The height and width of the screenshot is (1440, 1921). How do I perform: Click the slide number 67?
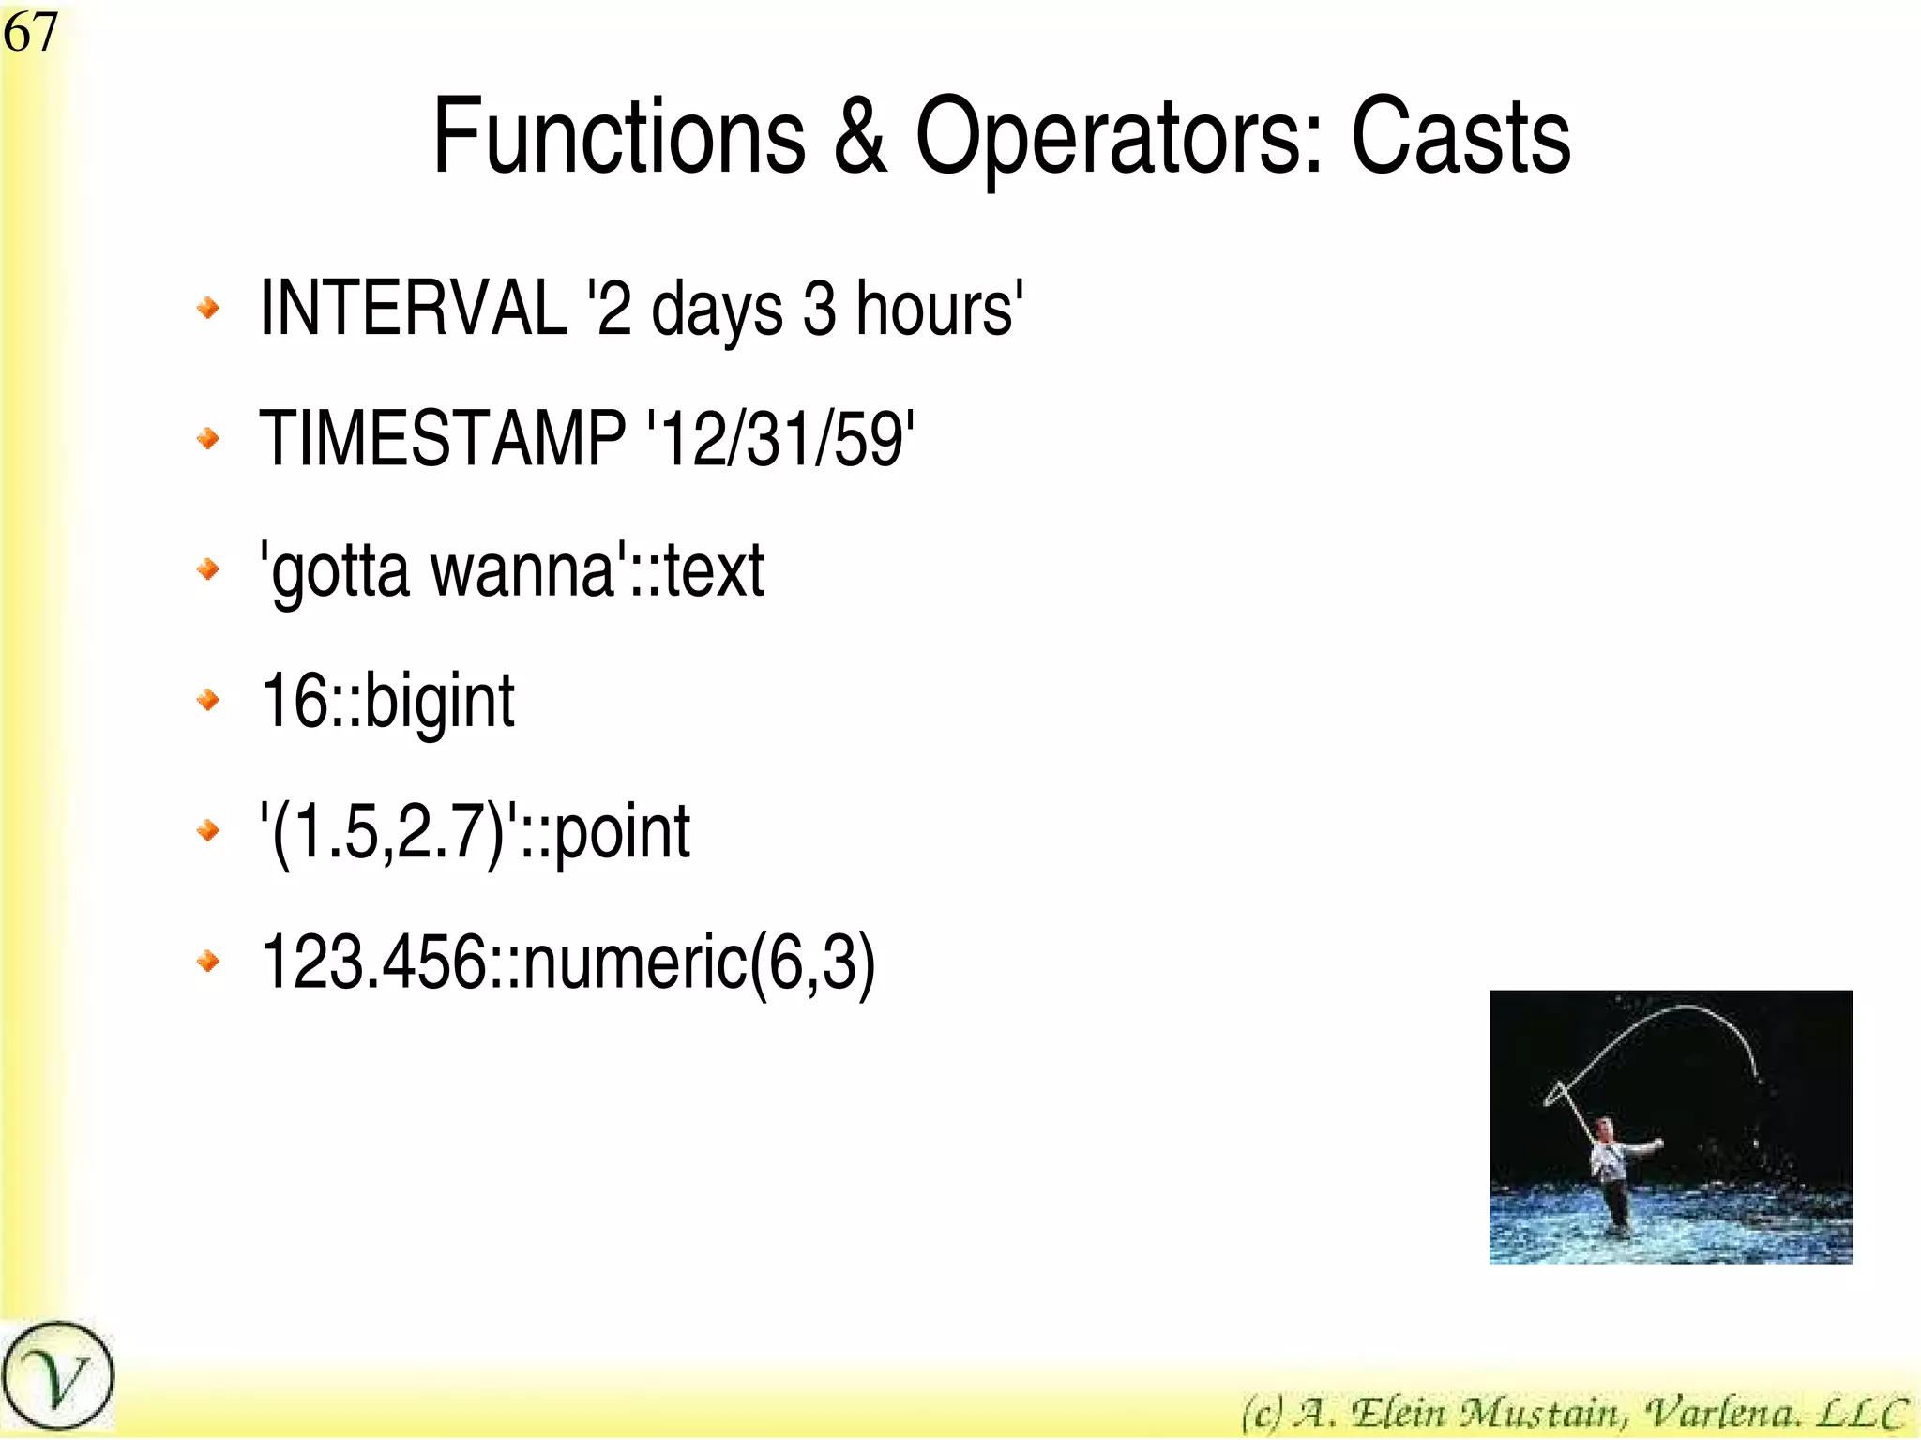coord(30,33)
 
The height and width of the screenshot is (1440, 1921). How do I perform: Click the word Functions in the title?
coord(619,138)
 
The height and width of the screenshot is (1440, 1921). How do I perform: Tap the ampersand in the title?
coord(859,138)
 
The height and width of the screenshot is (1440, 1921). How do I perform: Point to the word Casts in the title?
coord(1460,138)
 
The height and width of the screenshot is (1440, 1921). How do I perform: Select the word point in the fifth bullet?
coord(623,831)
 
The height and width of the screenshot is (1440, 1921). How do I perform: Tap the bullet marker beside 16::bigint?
coord(208,699)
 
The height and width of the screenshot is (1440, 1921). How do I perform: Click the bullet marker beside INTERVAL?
coord(208,307)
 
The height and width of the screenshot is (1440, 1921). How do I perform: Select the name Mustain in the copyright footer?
coord(1543,1412)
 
